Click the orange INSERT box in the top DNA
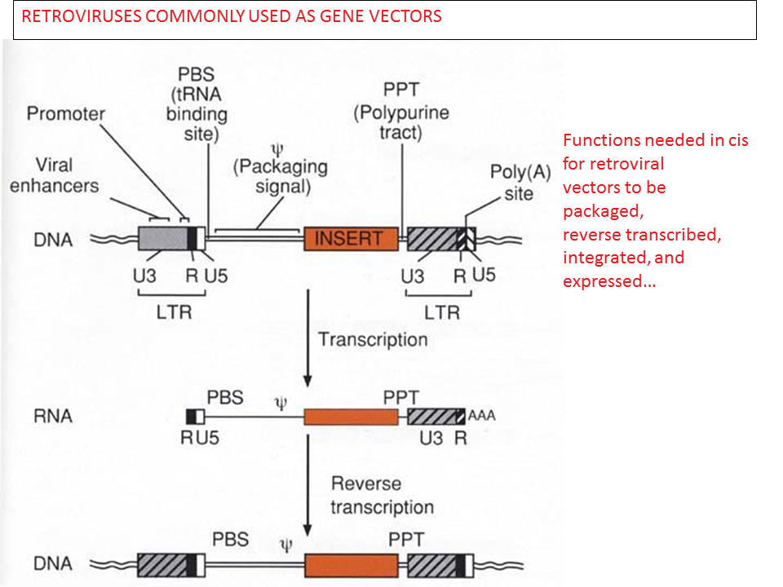coord(352,239)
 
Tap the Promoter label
coord(66,113)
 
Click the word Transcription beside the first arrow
coord(372,339)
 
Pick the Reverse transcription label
coord(382,497)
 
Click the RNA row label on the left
coord(54,416)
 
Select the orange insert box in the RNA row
coord(351,417)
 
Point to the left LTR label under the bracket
coord(175,311)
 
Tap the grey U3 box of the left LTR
coord(162,239)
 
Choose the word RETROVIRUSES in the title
coord(76,17)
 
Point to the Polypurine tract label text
coord(400,122)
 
